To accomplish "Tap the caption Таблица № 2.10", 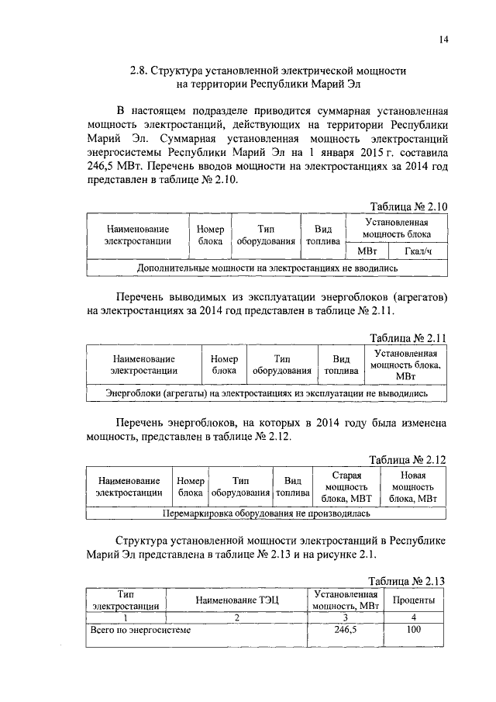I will pyautogui.click(x=408, y=206).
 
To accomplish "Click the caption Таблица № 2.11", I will pyautogui.click(x=408, y=338).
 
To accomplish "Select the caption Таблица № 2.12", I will pyautogui.click(x=408, y=458).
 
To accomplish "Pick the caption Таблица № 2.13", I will pyautogui.click(x=408, y=580).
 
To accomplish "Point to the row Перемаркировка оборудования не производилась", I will pyautogui.click(x=267, y=514).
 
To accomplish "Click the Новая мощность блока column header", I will pyautogui.click(x=413, y=486).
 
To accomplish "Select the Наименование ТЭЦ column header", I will pyautogui.click(x=236, y=600).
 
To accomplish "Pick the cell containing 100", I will pyautogui.click(x=413, y=630).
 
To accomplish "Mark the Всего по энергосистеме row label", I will pyautogui.click(x=140, y=630).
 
